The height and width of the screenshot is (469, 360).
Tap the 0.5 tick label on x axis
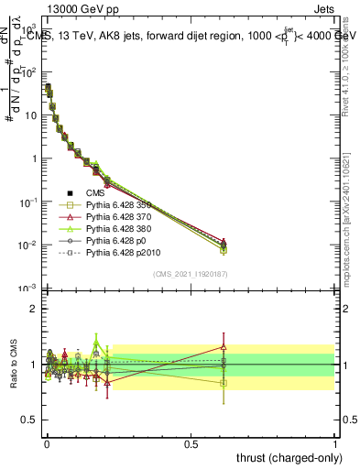191,443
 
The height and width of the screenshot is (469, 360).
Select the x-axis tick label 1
335,443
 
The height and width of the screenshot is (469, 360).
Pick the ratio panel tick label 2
33,309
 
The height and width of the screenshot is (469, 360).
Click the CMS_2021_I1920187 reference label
191,275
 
